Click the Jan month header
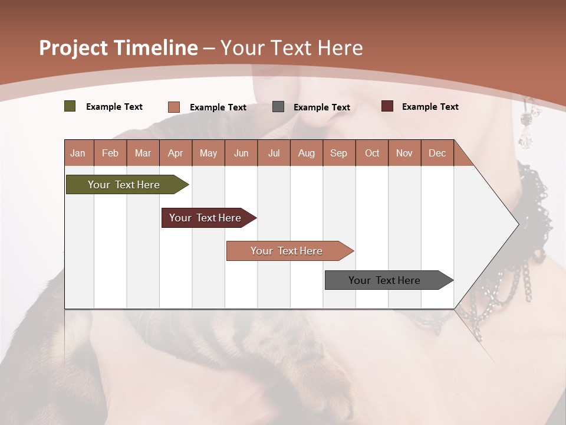click(x=78, y=153)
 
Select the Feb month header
click(x=110, y=153)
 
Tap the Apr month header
click(x=175, y=153)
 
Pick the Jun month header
click(x=241, y=153)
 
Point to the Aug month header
click(x=306, y=153)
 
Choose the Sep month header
click(x=338, y=153)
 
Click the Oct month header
click(x=372, y=153)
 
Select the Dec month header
click(x=437, y=153)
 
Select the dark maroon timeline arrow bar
click(x=207, y=218)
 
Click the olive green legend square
click(x=70, y=106)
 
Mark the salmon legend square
click(x=174, y=107)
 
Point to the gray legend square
click(x=278, y=107)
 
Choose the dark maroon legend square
click(x=387, y=106)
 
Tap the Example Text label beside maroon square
click(x=430, y=107)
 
